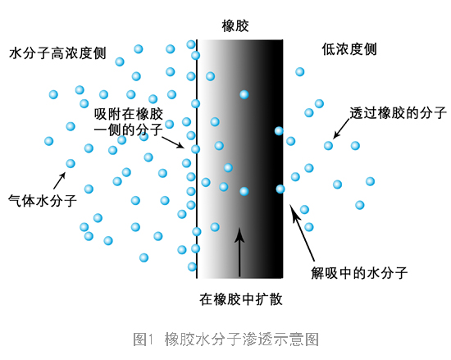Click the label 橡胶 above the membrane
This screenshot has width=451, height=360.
[x=235, y=26]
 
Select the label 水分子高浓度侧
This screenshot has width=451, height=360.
[x=58, y=53]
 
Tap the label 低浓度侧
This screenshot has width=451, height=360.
[x=349, y=49]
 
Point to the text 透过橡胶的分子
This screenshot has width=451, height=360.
[x=398, y=113]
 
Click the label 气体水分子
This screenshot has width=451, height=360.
[x=43, y=200]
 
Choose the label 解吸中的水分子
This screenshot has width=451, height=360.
[x=359, y=272]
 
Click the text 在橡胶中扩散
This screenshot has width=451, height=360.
[x=241, y=299]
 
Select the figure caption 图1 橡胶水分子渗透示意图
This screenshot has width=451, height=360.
[x=225, y=339]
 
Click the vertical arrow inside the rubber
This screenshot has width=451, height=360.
[x=239, y=253]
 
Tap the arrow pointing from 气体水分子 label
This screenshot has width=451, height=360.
[x=60, y=180]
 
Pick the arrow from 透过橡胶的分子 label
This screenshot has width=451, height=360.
[x=341, y=129]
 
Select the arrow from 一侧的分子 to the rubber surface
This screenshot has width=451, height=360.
[x=173, y=143]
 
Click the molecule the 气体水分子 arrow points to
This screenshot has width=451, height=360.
[x=71, y=164]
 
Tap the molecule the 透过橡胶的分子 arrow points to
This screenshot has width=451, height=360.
[x=328, y=145]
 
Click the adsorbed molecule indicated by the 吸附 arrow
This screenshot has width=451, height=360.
[x=196, y=149]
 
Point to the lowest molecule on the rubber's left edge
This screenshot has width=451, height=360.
[x=192, y=267]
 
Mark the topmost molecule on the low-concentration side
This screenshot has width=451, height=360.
[x=299, y=71]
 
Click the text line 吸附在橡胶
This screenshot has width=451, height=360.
[x=129, y=114]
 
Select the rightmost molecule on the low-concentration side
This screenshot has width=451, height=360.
[x=370, y=181]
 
